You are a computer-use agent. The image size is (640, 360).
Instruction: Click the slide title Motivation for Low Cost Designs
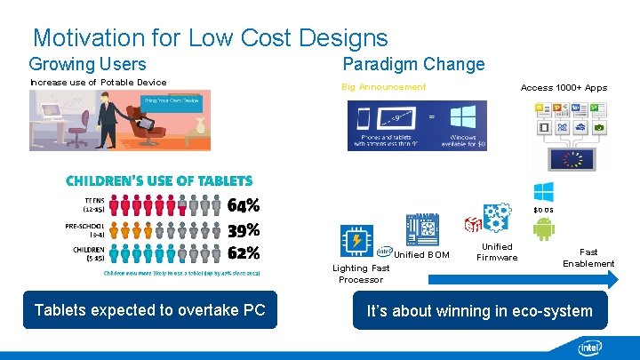click(210, 38)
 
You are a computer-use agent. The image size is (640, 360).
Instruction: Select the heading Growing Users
click(87, 64)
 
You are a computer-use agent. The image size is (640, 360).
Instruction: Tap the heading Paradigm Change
click(413, 64)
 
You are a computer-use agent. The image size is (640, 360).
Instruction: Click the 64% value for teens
click(244, 206)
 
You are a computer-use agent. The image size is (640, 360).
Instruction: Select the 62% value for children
click(244, 254)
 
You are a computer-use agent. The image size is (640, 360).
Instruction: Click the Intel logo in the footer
click(589, 347)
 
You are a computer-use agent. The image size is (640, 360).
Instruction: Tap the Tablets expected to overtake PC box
click(149, 310)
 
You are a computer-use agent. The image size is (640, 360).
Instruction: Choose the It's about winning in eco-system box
click(480, 311)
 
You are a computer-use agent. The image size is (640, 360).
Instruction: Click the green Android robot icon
click(543, 229)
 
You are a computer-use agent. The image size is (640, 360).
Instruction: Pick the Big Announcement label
click(384, 87)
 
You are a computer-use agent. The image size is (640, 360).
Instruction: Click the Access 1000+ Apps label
click(564, 88)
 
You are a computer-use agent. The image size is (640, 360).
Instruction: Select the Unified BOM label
click(421, 255)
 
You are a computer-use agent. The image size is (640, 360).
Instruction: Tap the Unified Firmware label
click(497, 252)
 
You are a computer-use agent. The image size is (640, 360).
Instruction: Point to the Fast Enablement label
click(588, 258)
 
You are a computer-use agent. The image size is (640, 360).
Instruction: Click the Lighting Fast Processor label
click(361, 274)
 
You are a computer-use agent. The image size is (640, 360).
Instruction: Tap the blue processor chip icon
click(357, 241)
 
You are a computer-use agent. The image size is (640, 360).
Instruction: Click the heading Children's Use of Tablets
click(159, 180)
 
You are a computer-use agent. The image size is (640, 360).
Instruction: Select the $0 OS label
click(543, 210)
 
